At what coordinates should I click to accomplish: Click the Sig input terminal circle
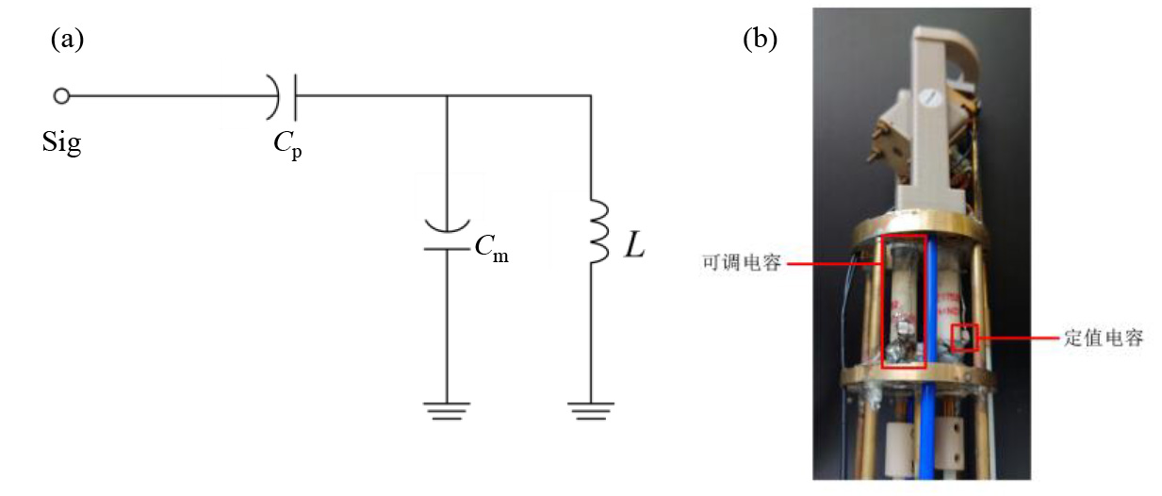click(61, 95)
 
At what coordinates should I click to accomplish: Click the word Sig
click(62, 144)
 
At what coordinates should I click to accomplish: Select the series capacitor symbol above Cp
click(285, 95)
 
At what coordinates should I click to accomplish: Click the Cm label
click(491, 249)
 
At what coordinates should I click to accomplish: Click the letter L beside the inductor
click(634, 248)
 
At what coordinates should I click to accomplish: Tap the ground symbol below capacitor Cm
click(446, 409)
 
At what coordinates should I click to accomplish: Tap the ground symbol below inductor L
click(591, 409)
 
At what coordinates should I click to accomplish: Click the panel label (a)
click(68, 39)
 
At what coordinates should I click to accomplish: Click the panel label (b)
click(760, 39)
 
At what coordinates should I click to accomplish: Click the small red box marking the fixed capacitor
click(964, 338)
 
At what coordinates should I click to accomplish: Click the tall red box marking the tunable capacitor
click(903, 301)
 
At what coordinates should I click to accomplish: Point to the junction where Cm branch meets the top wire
click(446, 95)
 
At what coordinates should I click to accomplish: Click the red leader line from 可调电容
click(833, 265)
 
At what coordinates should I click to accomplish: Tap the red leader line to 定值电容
click(1017, 337)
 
